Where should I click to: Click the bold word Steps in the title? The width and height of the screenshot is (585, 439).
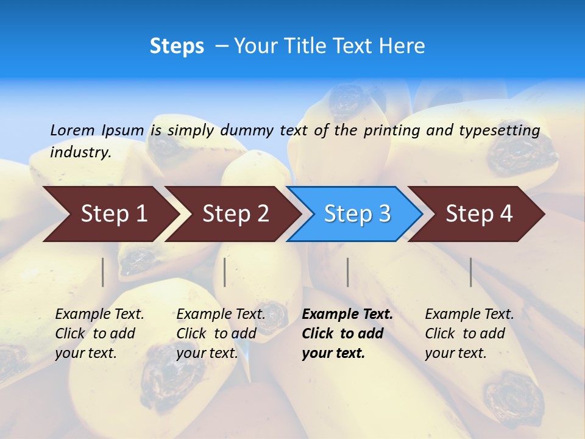(177, 46)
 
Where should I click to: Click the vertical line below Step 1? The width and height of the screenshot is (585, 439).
(103, 272)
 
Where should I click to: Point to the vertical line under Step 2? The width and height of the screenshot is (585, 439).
(225, 272)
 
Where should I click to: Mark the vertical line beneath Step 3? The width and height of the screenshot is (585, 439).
(348, 272)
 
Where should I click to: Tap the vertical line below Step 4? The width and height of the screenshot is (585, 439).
(471, 272)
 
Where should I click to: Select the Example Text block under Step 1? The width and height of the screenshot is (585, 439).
(99, 334)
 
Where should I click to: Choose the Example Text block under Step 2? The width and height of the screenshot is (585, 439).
(221, 334)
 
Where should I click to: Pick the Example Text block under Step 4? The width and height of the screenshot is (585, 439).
(469, 334)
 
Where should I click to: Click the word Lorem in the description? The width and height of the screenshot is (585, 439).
(73, 130)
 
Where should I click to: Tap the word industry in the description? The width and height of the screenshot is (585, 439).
(80, 152)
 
